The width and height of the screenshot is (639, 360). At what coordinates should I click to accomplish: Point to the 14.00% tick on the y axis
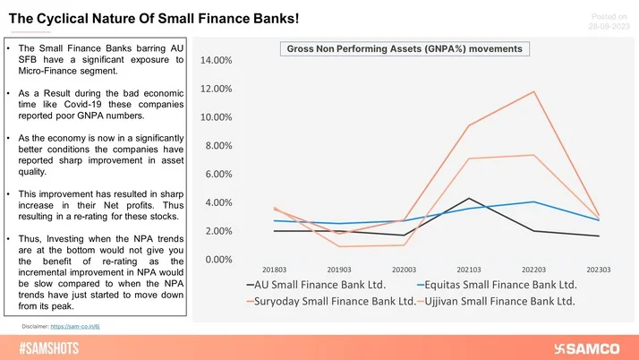pos(212,61)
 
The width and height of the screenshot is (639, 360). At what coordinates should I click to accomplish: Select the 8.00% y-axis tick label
pos(215,146)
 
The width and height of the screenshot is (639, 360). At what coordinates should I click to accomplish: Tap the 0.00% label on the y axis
pos(215,260)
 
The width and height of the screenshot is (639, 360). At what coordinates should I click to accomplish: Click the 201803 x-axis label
pos(275,268)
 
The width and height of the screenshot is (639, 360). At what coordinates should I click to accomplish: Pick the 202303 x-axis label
pos(598,268)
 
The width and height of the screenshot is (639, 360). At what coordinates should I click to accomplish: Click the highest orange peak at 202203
pos(534,91)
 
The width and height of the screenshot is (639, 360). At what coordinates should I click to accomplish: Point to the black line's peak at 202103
pos(469,198)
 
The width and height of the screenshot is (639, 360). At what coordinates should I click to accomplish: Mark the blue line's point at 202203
pos(534,201)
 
